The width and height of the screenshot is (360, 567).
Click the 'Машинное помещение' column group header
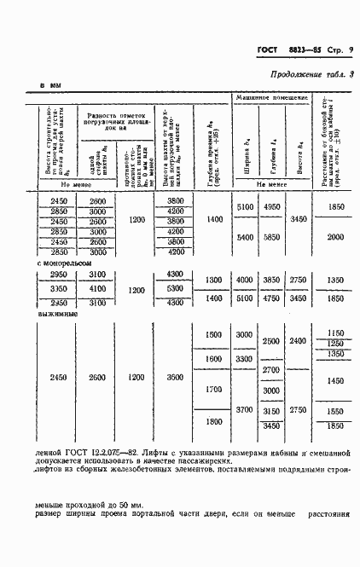tap(271, 101)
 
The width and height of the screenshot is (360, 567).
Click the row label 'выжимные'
tap(59, 314)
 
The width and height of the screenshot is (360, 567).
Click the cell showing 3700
tap(245, 410)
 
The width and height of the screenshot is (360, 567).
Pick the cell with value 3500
tap(175, 376)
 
